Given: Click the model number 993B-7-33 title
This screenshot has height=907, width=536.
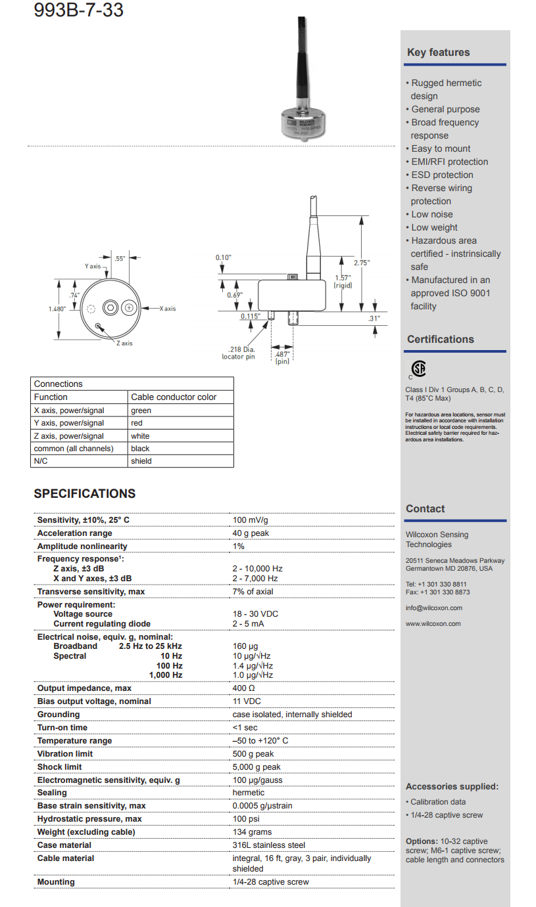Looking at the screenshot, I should pyautogui.click(x=78, y=11).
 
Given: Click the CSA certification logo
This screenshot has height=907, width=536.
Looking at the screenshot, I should pyautogui.click(x=418, y=368).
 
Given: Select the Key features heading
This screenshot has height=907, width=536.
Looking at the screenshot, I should pyautogui.click(x=438, y=53).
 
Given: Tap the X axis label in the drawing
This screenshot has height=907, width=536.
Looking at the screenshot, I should pyautogui.click(x=167, y=308).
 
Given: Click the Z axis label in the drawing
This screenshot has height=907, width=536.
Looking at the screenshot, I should pyautogui.click(x=124, y=343).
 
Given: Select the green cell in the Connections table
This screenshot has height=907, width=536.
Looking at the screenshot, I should pyautogui.click(x=141, y=410).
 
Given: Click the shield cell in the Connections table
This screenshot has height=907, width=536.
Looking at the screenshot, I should pyautogui.click(x=141, y=461).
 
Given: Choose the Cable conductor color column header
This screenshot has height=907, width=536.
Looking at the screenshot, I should pyautogui.click(x=173, y=397).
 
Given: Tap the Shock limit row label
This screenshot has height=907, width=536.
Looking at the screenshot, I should pyautogui.click(x=60, y=767).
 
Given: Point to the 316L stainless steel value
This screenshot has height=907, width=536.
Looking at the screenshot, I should pyautogui.click(x=269, y=845).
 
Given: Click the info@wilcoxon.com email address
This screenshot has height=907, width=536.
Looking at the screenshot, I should pyautogui.click(x=433, y=608).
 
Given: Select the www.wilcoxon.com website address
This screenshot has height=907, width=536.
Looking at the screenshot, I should pyautogui.click(x=433, y=624).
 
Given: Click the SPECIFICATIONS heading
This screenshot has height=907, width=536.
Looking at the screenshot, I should pyautogui.click(x=85, y=494).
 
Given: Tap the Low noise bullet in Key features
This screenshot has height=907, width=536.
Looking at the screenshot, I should pyautogui.click(x=431, y=214).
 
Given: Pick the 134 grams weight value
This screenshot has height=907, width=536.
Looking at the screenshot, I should pyautogui.click(x=252, y=832).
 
